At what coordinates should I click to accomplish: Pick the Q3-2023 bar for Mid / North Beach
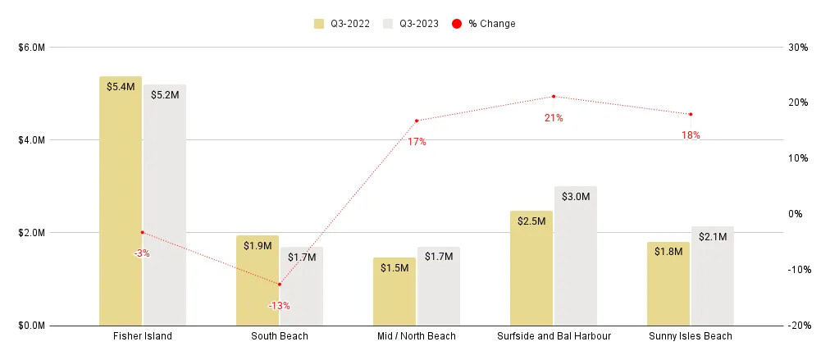click(438, 286)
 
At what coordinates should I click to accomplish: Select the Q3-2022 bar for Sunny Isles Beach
click(668, 284)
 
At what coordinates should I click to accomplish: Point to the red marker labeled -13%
click(279, 285)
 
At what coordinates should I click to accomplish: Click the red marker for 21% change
click(554, 97)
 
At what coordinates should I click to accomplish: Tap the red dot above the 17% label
click(417, 121)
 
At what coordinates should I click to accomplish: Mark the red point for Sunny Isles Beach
click(691, 114)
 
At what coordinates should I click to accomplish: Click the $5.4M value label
click(121, 87)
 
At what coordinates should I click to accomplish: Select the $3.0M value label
click(575, 197)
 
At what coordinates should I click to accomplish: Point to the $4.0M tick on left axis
click(32, 140)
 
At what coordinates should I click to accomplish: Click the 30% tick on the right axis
click(798, 48)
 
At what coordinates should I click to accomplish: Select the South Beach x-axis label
click(279, 336)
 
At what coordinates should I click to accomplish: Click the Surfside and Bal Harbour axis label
click(554, 336)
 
